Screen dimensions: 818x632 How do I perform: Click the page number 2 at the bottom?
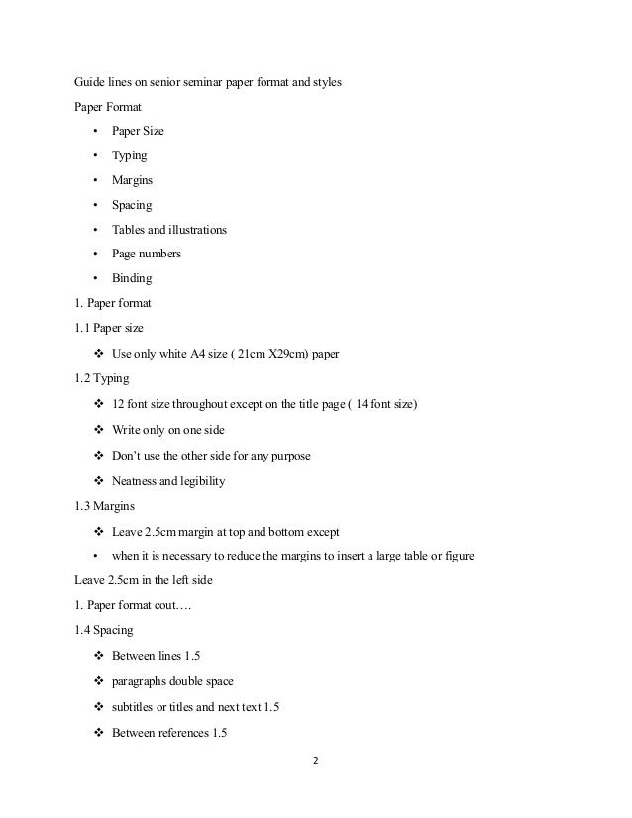(315, 763)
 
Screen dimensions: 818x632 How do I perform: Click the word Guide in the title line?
(91, 82)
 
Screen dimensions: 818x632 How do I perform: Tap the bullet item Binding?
(132, 278)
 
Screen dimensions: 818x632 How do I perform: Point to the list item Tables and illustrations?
(168, 230)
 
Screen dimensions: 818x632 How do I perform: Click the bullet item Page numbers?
(147, 254)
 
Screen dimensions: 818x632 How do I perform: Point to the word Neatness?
(138, 481)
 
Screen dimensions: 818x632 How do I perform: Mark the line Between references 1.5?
(169, 733)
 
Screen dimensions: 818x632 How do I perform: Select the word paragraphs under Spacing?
(142, 682)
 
